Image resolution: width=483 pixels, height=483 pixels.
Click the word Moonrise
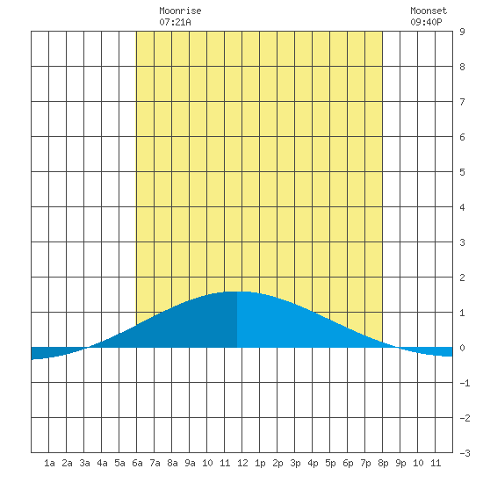(180, 11)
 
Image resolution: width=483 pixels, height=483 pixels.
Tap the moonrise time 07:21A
(175, 22)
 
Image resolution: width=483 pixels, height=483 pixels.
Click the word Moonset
(429, 11)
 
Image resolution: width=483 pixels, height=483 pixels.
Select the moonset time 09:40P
(426, 22)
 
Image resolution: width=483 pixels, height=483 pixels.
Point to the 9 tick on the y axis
(462, 32)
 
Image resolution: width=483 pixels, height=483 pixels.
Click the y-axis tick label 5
(462, 172)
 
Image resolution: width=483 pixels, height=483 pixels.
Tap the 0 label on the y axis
(462, 348)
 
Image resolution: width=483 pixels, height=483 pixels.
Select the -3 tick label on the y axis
(465, 453)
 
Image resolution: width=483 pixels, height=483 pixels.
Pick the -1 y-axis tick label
(465, 383)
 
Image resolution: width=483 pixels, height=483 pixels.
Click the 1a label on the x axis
(49, 463)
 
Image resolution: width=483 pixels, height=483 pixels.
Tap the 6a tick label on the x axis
(137, 463)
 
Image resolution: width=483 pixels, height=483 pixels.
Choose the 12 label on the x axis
(242, 463)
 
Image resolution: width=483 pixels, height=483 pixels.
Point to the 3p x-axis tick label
(295, 463)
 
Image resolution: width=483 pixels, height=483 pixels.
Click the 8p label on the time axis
(383, 463)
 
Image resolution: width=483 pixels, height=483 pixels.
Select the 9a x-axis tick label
(190, 463)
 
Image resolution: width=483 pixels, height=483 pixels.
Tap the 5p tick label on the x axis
(330, 463)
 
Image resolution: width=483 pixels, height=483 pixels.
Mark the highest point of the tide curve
(236, 292)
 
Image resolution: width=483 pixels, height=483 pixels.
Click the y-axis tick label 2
(462, 278)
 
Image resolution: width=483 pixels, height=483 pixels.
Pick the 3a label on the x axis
(84, 463)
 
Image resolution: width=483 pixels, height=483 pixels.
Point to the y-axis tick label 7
(462, 102)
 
